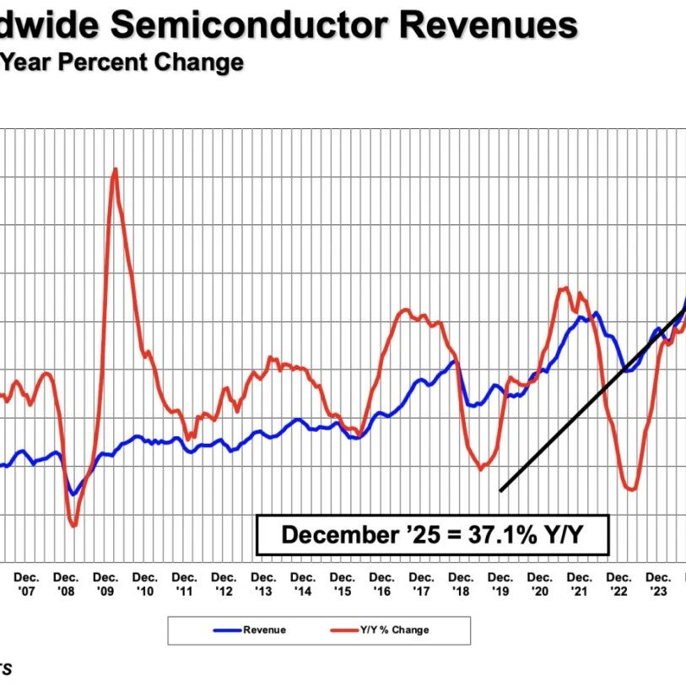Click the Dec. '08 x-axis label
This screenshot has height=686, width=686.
click(x=66, y=584)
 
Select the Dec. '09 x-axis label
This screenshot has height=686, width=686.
click(x=105, y=584)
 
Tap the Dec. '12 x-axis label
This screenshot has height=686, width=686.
click(x=224, y=584)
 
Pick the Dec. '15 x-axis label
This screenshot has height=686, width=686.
click(x=343, y=584)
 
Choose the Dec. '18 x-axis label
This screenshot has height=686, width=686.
click(x=462, y=584)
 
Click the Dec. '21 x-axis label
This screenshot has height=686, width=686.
click(x=581, y=584)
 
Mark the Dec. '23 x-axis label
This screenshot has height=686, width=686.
click(x=659, y=584)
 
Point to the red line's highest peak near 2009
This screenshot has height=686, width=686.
click(x=115, y=169)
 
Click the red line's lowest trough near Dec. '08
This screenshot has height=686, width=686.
click(x=73, y=526)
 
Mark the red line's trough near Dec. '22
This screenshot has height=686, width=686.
click(x=630, y=489)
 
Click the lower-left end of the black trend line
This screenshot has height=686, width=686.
click(x=500, y=490)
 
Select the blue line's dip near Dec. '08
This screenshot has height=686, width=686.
click(x=73, y=494)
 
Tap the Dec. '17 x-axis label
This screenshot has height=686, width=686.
click(x=422, y=584)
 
